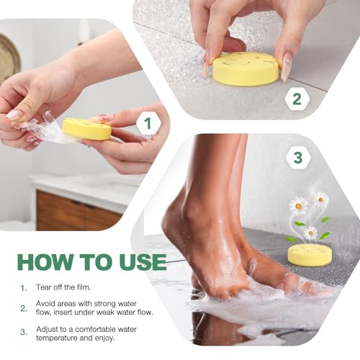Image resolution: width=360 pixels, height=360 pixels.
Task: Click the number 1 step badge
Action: tap(148, 125)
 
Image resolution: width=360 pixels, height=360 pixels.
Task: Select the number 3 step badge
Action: tap(296, 153)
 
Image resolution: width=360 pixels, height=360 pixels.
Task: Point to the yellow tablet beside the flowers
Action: tap(310, 254)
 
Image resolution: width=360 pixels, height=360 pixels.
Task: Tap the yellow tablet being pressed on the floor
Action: tap(246, 68)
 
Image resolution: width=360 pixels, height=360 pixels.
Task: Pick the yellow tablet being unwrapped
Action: tap(86, 129)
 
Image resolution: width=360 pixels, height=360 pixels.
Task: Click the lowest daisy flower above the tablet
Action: tap(310, 233)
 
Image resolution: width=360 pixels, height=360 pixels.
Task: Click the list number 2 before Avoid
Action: tap(23, 308)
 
